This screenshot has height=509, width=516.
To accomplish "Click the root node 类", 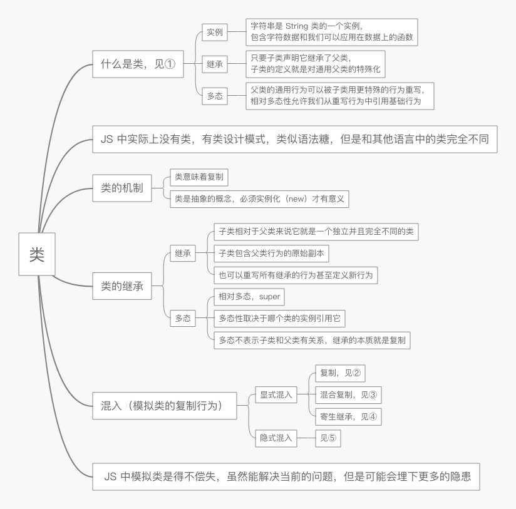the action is click(x=37, y=254).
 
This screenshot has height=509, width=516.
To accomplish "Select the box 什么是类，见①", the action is click(x=138, y=64).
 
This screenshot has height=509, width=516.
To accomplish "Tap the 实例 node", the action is click(x=215, y=32).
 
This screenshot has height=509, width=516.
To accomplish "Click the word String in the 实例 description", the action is click(x=296, y=26).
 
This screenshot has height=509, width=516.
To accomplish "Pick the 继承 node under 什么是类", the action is click(x=215, y=64).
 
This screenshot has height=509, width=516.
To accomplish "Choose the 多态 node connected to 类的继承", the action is click(x=183, y=318).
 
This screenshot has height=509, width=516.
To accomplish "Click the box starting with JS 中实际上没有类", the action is click(x=294, y=139).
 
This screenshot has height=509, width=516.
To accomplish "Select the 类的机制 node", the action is click(x=122, y=188).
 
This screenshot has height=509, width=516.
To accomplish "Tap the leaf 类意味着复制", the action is click(x=199, y=177).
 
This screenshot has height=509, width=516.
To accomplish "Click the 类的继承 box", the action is click(x=122, y=286).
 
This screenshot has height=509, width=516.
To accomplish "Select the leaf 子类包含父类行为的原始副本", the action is click(x=271, y=254).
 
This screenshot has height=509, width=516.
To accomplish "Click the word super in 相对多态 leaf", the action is click(x=269, y=297).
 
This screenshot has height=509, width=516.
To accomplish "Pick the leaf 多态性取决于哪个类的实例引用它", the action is click(x=279, y=318).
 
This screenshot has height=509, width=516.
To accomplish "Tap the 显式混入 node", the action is click(x=276, y=394).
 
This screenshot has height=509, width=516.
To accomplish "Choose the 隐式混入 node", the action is click(x=276, y=438).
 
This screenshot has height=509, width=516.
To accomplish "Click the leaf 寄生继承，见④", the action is click(x=348, y=416).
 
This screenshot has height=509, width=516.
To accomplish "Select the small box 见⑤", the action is click(x=328, y=438).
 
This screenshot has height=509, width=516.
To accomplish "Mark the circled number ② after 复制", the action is click(x=357, y=373).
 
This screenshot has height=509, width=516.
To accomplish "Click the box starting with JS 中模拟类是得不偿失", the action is click(x=286, y=476).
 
